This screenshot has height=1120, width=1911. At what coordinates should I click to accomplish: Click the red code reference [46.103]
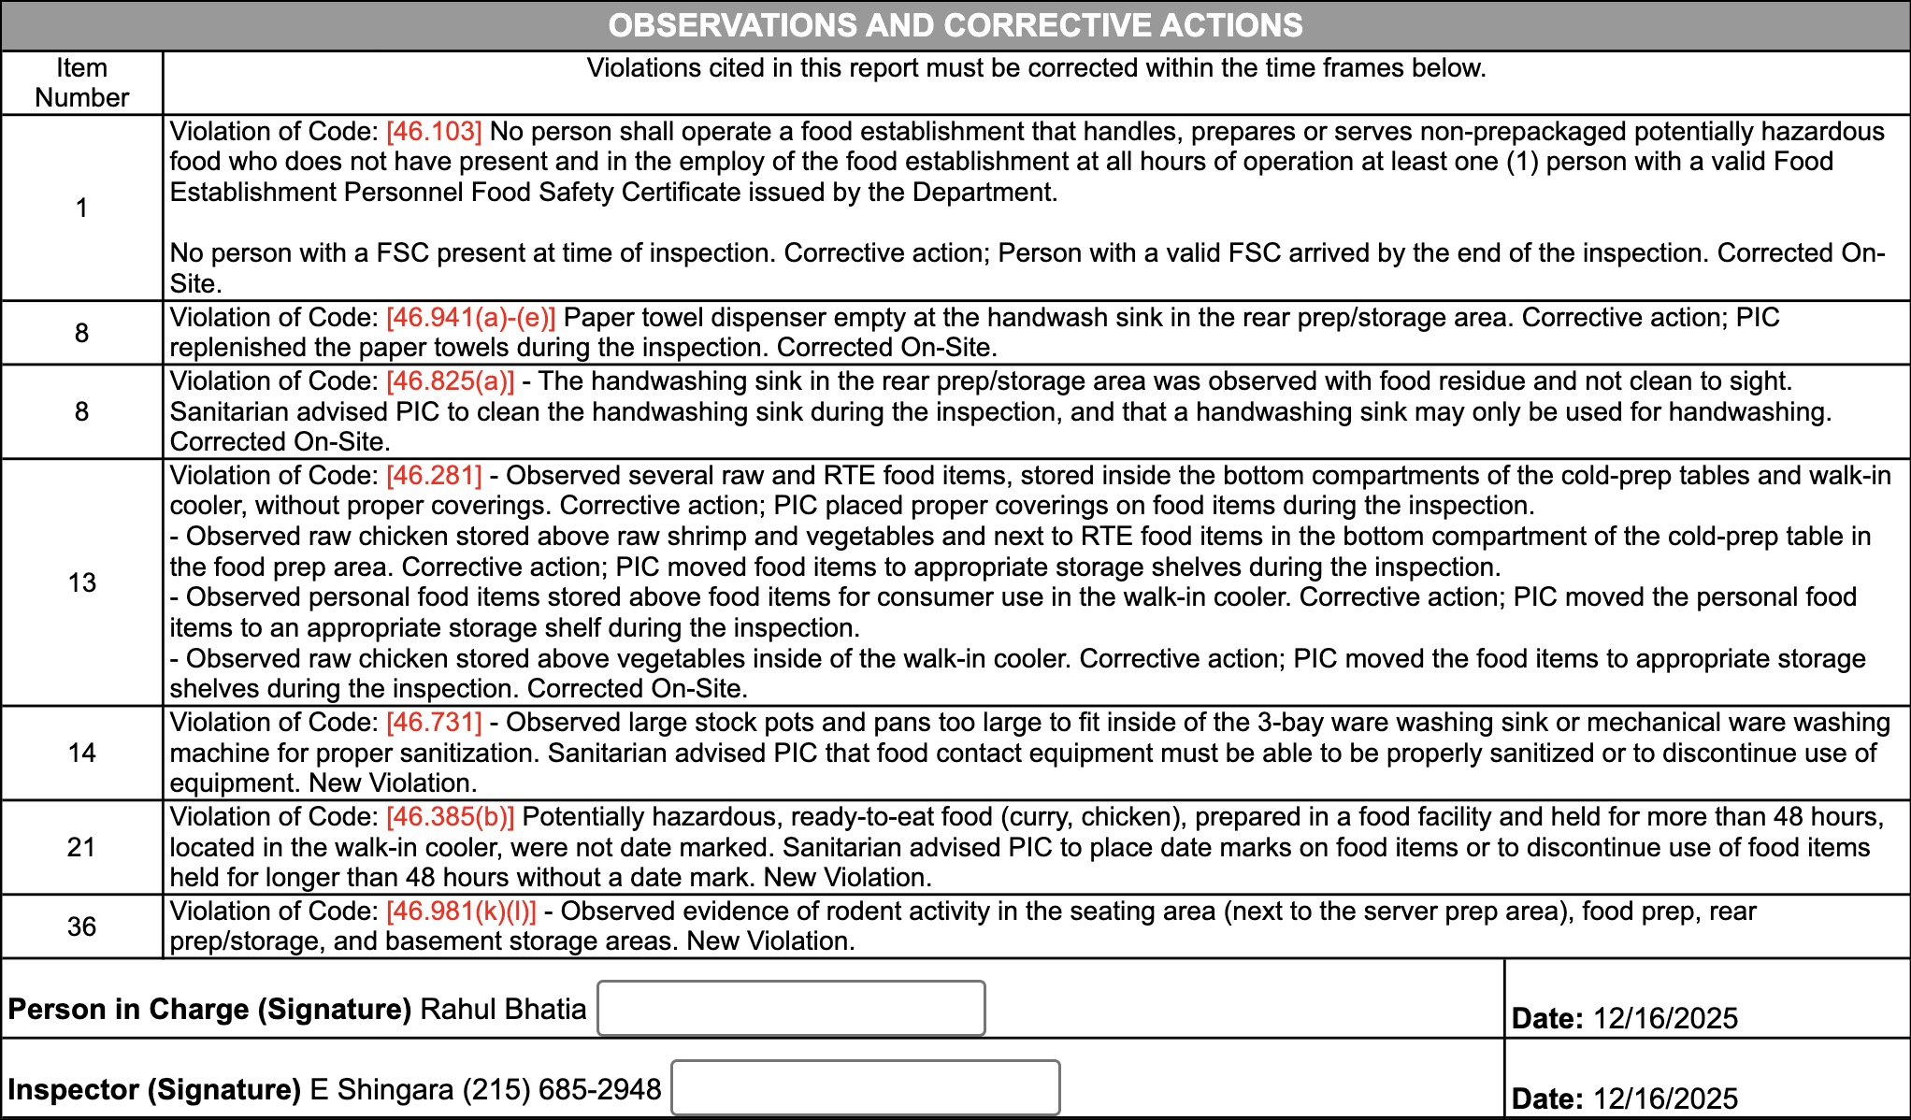[434, 131]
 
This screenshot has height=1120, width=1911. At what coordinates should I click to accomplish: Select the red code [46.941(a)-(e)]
[470, 318]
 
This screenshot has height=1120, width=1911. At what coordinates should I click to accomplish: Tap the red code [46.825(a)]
[450, 381]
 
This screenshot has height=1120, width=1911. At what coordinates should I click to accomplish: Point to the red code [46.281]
[434, 476]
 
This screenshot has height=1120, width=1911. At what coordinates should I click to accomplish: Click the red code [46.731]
[434, 723]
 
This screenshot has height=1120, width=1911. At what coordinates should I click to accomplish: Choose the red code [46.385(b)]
[450, 817]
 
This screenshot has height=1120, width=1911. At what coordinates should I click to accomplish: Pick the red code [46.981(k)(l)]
[461, 912]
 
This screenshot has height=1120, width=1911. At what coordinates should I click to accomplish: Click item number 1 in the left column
[81, 208]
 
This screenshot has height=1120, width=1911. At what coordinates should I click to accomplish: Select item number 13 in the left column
[81, 582]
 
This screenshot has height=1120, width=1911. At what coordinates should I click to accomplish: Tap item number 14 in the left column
[81, 753]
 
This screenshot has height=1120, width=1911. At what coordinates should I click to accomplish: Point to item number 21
[81, 847]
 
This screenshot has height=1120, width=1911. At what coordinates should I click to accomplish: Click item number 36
[81, 926]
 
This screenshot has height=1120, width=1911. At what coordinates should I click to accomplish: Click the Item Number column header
[81, 82]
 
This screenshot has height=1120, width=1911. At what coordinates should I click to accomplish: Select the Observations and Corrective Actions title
[955, 25]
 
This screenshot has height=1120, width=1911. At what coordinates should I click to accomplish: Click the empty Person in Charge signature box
[791, 1008]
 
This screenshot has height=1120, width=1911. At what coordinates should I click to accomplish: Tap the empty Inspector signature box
[866, 1087]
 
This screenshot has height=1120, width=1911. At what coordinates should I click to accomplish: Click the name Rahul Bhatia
[503, 1010]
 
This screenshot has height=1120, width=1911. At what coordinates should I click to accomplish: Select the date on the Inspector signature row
[1665, 1098]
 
